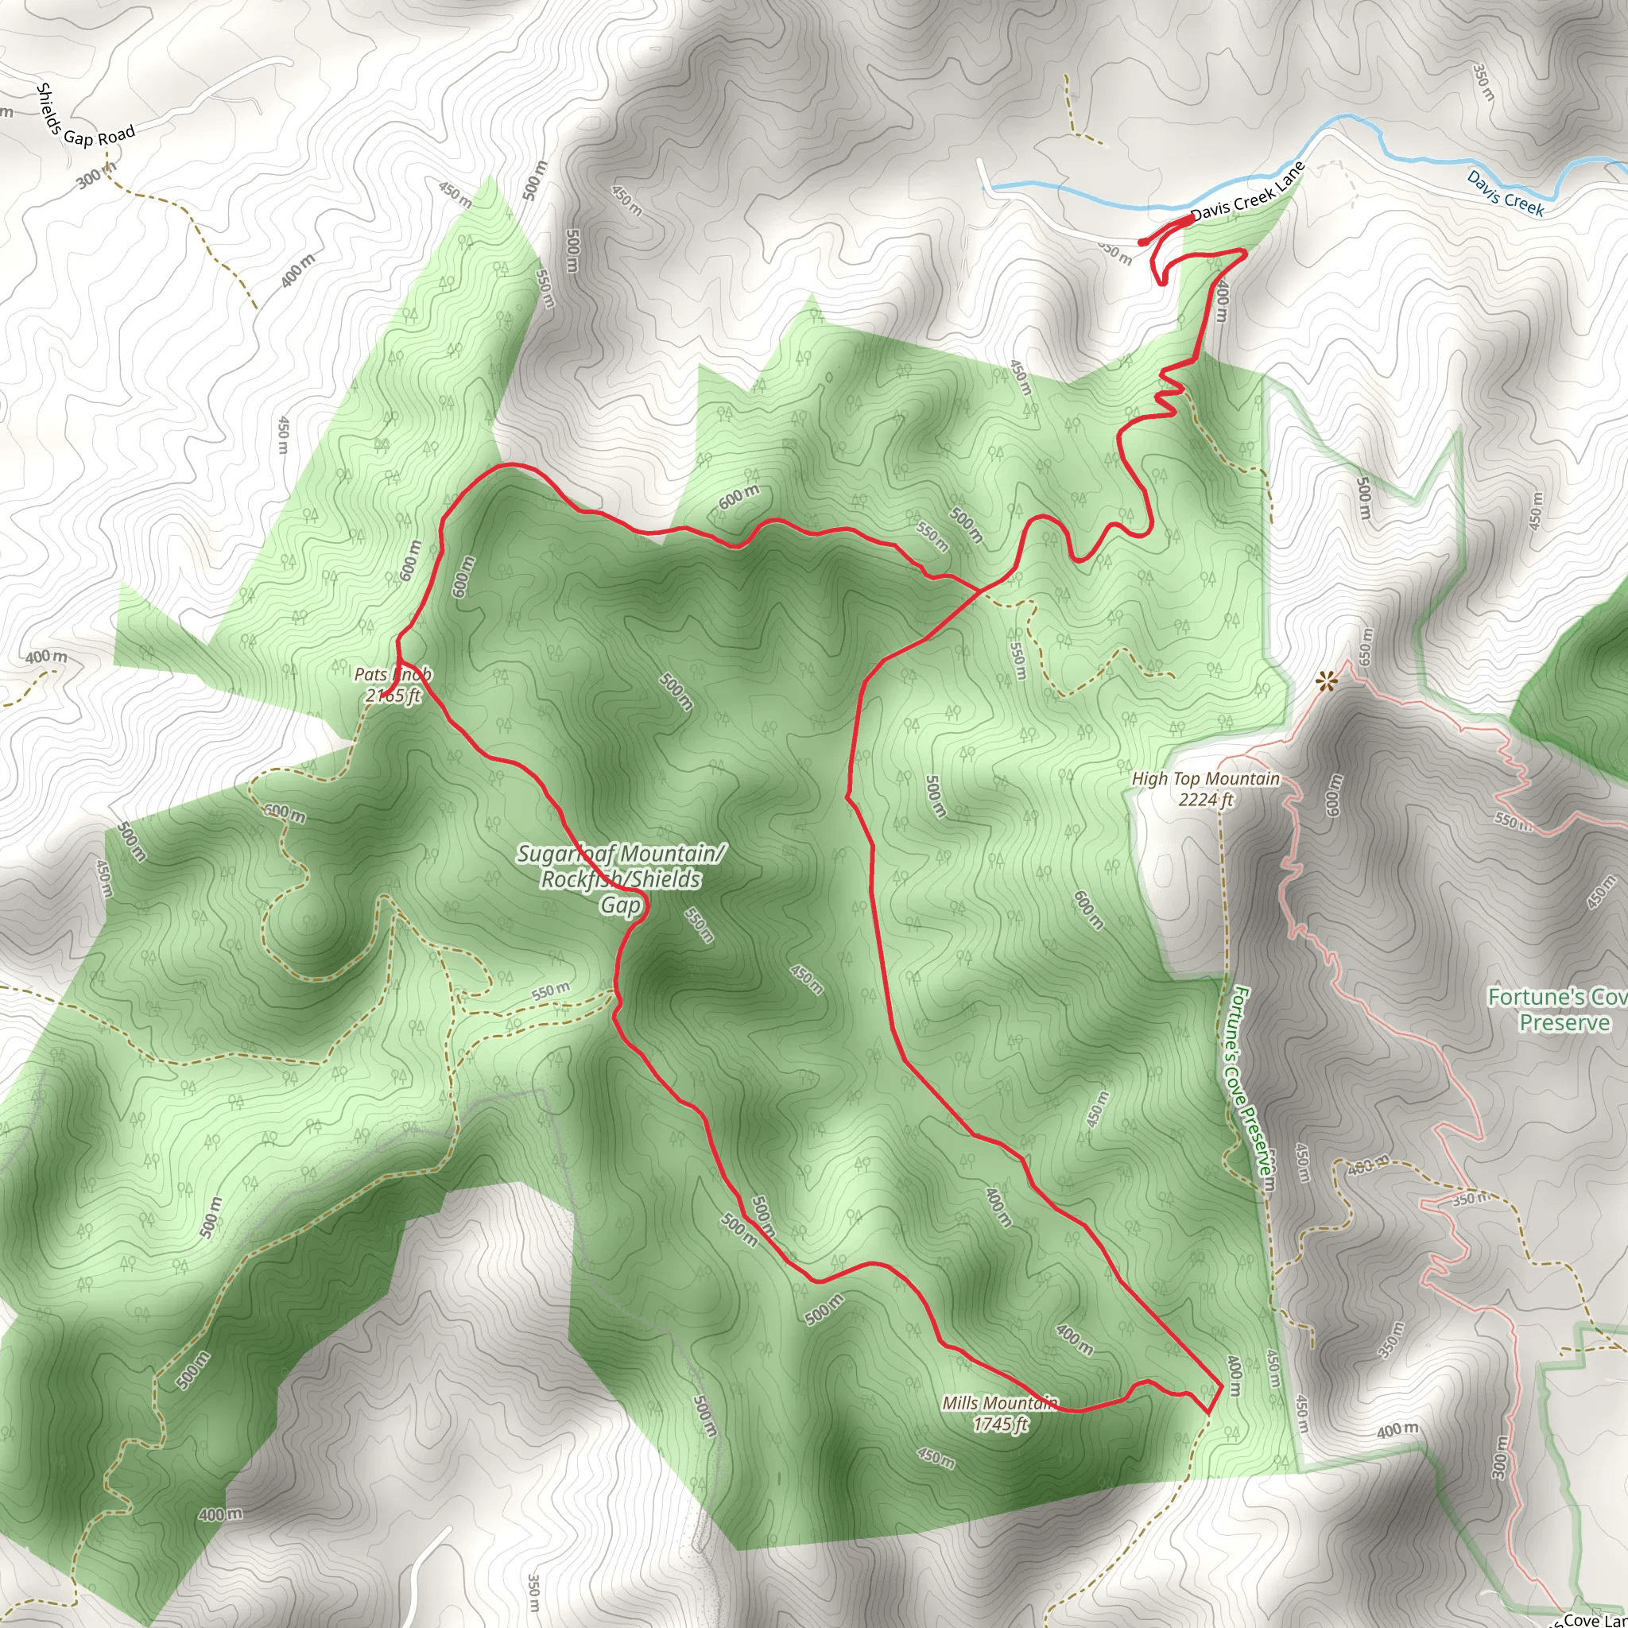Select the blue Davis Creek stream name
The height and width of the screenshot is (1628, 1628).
tap(1505, 193)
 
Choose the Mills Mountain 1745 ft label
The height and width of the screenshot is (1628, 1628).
tap(1000, 1413)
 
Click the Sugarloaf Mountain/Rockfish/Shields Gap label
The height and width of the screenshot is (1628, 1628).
tap(621, 879)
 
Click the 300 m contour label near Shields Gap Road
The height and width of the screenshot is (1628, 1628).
tap(95, 175)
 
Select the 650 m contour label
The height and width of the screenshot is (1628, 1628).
tap(1366, 645)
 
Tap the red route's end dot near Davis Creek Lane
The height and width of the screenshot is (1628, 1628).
tap(1142, 242)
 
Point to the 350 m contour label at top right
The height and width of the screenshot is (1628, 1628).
tap(1484, 83)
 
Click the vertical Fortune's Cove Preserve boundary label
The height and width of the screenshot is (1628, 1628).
tap(1249, 1087)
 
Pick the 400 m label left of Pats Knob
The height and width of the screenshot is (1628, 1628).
tap(45, 657)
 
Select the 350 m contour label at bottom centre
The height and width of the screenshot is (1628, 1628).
tap(533, 1591)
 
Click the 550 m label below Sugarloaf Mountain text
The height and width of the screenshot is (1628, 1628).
tap(699, 924)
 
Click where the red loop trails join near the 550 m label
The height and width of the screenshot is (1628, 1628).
tap(978, 589)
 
